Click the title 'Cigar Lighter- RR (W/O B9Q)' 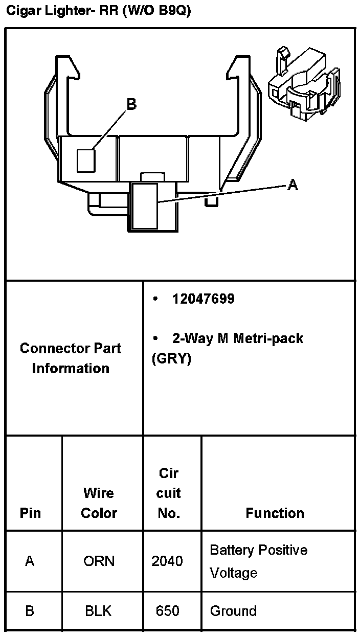[98, 11]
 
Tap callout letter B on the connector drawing [131, 104]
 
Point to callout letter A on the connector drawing [292, 185]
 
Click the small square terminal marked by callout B [86, 160]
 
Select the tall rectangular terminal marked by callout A [145, 206]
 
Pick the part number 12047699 [203, 299]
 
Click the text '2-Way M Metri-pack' [237, 338]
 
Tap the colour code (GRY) [171, 359]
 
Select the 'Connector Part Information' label [71, 358]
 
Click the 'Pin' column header [30, 513]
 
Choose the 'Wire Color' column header [99, 503]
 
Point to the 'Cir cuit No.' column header [169, 493]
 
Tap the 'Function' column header [275, 513]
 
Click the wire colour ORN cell [99, 561]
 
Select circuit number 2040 [167, 561]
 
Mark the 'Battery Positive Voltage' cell [258, 561]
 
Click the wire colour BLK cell [98, 611]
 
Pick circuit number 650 [168, 611]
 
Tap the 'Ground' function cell [233, 611]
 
